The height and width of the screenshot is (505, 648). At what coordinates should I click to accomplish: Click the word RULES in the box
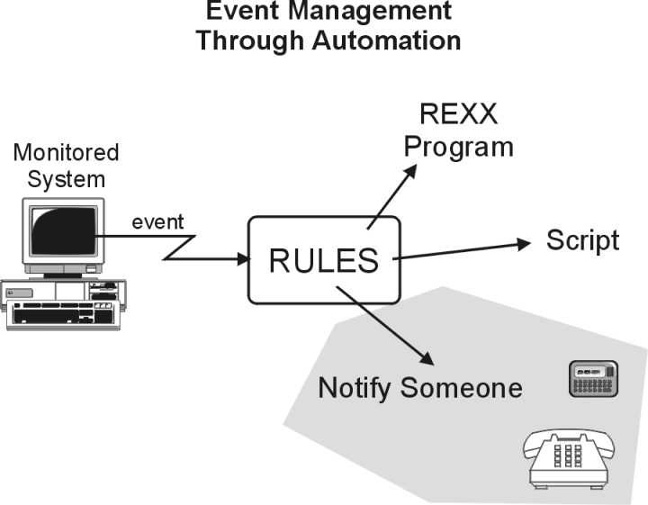pos(324,260)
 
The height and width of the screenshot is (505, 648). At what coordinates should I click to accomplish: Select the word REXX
pos(457,114)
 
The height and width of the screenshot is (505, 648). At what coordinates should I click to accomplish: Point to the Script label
pos(582,240)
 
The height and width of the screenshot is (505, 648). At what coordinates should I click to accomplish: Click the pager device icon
pos(593,379)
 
